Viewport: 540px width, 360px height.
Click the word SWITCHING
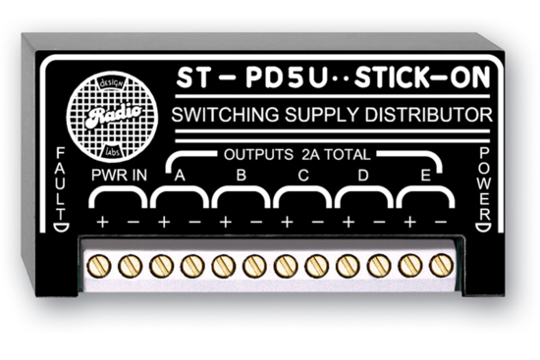coord(224,118)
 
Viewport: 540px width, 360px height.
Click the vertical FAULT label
coord(61,185)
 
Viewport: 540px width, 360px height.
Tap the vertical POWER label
coord(482,186)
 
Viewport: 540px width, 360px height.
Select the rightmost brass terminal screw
coord(440,264)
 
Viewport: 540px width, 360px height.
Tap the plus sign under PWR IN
coord(102,223)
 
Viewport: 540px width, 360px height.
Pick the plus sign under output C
coord(287,223)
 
